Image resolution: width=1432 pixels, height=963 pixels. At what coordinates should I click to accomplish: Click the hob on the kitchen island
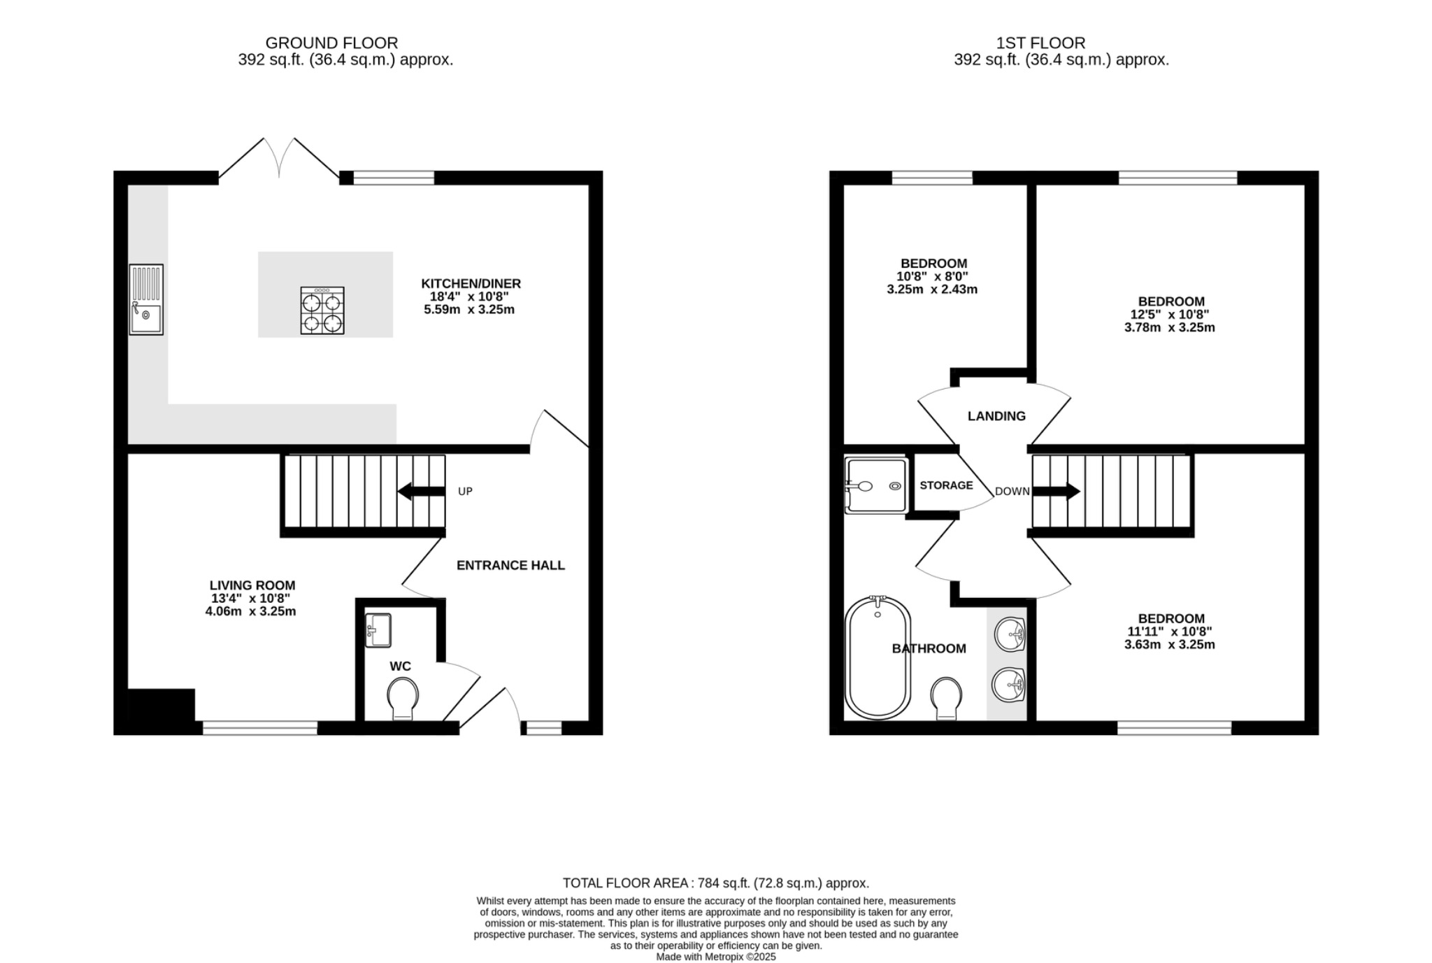pos(322,311)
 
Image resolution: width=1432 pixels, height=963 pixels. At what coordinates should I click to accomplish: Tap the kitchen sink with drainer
pos(146,299)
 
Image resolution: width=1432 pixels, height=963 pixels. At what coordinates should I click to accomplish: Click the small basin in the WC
pos(378,630)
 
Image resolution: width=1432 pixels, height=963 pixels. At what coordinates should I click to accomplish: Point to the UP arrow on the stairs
pos(421,492)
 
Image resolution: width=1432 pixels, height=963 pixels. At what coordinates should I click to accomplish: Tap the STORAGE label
pos(946,485)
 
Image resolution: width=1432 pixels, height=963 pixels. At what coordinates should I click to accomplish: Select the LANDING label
pos(996,416)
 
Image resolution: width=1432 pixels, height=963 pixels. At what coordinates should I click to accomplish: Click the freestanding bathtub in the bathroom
pos(878,657)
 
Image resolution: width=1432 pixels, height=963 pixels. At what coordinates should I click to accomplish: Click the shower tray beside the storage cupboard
pos(876,485)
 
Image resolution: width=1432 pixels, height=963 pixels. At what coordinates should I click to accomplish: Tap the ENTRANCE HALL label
pos(510,565)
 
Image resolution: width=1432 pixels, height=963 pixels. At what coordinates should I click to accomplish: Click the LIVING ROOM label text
pos(252,585)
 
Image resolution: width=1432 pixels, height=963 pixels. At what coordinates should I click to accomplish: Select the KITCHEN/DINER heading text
pos(471,284)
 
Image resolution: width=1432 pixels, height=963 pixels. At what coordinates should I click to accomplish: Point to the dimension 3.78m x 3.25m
pos(1169,327)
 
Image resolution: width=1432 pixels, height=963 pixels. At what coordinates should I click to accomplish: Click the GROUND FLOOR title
pos(331,43)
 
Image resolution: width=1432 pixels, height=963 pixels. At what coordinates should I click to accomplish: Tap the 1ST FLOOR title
pos(1040,43)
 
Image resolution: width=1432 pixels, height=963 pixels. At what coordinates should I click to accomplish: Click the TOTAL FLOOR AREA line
pos(715,883)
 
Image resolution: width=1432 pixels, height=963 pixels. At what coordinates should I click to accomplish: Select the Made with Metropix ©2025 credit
pos(715,957)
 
